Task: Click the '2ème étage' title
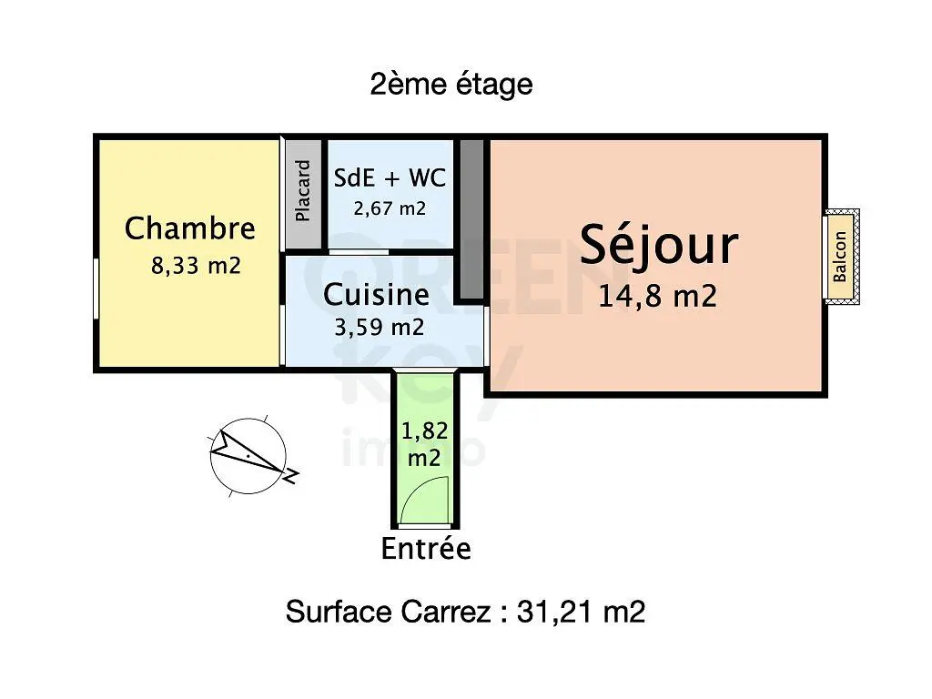[451, 85]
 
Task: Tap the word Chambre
[190, 228]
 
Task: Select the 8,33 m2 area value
[197, 265]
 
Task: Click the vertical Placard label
[303, 191]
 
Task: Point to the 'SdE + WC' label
[390, 177]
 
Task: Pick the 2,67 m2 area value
[390, 208]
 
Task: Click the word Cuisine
[376, 295]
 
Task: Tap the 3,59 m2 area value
[380, 327]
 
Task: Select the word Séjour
[659, 246]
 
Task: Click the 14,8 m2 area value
[657, 296]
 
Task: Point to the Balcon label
[839, 256]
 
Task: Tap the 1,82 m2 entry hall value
[424, 444]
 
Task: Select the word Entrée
[426, 549]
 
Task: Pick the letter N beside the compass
[291, 475]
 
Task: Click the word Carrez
[446, 612]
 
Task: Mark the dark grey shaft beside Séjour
[471, 219]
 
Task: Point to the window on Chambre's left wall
[96, 289]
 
